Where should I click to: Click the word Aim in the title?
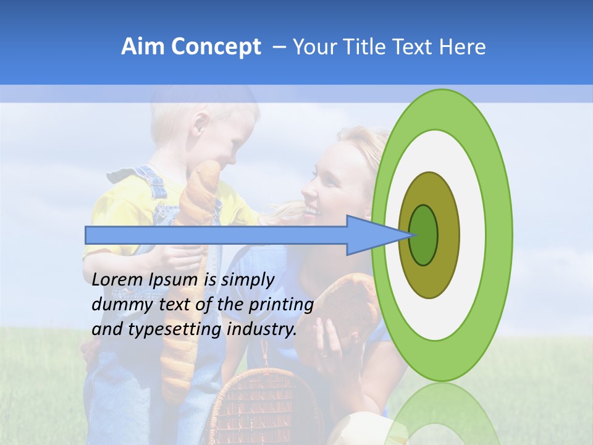coord(143,47)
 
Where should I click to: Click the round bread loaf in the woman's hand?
coord(346,309)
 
